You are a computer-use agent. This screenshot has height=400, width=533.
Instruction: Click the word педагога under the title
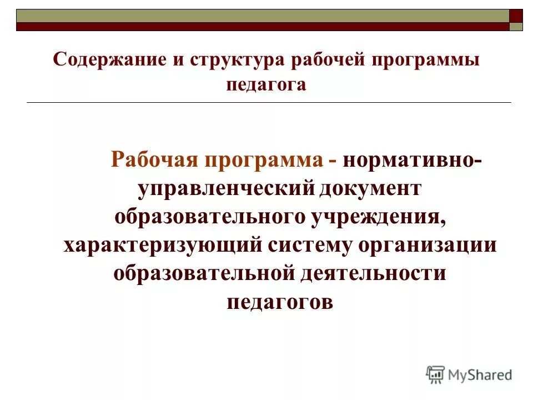(266, 86)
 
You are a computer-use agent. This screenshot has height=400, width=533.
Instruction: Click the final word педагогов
(280, 303)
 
